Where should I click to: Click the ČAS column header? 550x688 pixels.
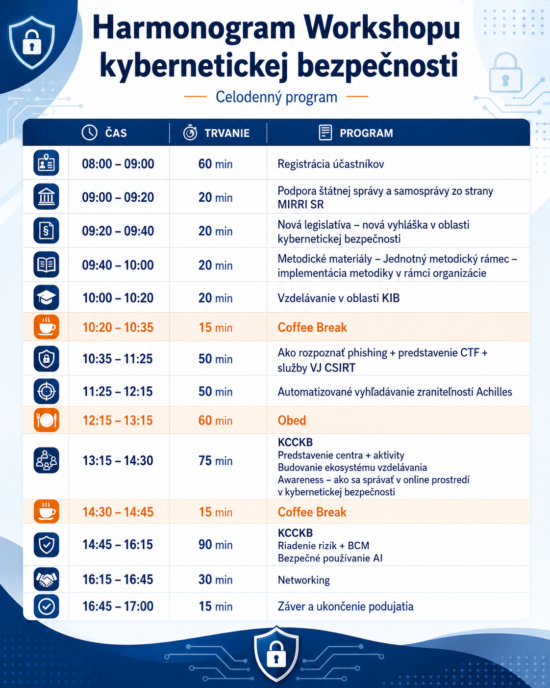(116, 132)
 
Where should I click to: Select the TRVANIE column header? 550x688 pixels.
(227, 132)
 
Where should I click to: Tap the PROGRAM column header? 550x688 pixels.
(366, 132)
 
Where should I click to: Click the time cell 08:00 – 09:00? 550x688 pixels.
(118, 164)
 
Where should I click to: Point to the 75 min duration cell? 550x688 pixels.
(216, 461)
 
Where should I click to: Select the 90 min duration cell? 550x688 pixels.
(216, 544)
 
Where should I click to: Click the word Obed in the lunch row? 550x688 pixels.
(292, 420)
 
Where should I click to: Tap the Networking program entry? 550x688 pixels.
(304, 580)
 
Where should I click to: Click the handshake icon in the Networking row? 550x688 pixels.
(46, 579)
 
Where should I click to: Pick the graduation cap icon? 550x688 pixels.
(46, 298)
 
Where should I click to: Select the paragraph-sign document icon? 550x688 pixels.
(46, 231)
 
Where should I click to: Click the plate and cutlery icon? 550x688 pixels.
(46, 420)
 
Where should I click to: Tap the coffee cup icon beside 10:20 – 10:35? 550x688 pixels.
(46, 327)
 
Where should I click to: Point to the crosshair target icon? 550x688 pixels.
(46, 391)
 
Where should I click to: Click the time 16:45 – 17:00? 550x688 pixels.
(118, 606)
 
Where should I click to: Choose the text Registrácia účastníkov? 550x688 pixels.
(331, 164)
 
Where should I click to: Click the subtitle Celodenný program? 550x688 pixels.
(276, 97)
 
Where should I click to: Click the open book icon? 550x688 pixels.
(46, 265)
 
